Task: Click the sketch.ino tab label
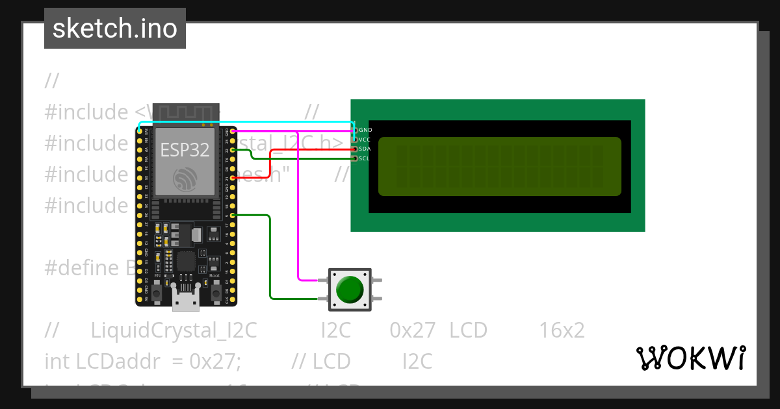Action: (115, 29)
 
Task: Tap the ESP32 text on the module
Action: (185, 150)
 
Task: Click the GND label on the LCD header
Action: (365, 130)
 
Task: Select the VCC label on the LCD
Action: (365, 140)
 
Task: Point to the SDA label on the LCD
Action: (365, 149)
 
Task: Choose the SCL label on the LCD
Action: (365, 158)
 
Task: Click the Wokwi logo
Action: (690, 358)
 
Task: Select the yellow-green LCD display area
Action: (499, 166)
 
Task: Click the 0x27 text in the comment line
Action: (412, 330)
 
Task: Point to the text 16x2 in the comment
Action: (562, 330)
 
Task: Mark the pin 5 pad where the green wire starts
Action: (233, 215)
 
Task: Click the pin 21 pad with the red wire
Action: (233, 178)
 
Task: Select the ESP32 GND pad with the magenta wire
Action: (233, 131)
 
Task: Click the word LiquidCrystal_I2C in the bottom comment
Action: (174, 330)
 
